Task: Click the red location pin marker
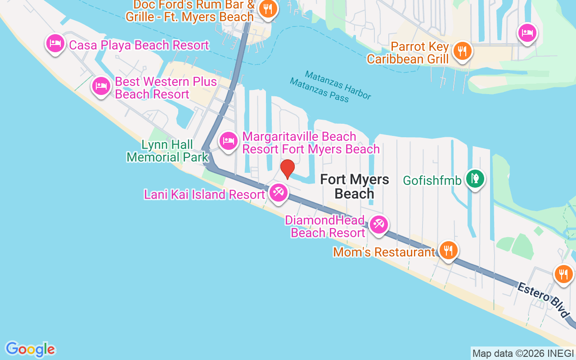coord(287,169)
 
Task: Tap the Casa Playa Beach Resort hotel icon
coord(54,44)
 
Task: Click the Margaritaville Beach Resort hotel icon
coord(228,141)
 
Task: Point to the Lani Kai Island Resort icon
coord(279,193)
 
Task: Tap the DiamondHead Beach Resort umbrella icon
coord(378,224)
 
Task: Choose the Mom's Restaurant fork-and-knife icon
coord(448,250)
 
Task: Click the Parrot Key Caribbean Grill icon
coord(462,50)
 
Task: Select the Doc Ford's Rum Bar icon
coord(268,9)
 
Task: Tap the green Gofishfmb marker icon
coord(475,179)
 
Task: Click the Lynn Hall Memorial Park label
coord(167,151)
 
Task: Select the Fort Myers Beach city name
coord(355,186)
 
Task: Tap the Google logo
coord(31,349)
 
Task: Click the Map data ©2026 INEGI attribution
coord(523,354)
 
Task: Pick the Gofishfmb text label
coord(432,181)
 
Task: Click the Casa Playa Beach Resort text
coord(139,45)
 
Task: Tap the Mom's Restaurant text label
coord(384,252)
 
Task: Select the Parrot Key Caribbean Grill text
coord(408,53)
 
